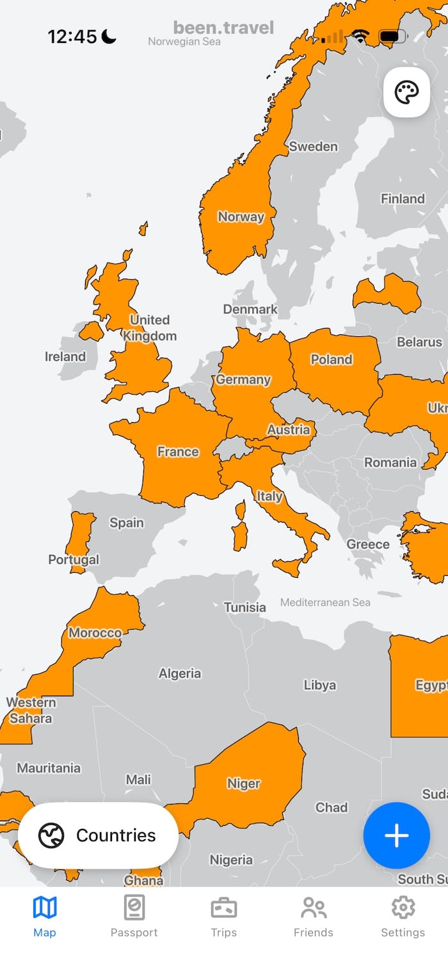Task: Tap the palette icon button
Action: coord(406,94)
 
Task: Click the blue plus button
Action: coord(396,835)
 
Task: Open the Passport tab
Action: coord(134,917)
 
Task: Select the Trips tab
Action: coord(224,917)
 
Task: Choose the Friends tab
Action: coord(314,917)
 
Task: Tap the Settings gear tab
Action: coord(403,917)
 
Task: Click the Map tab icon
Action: coord(45,908)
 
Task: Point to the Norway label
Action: coord(241,217)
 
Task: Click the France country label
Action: coord(178,452)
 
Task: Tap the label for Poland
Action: coord(332,359)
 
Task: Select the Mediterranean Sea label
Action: coord(325,602)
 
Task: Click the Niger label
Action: coord(244,783)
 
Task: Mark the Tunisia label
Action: coord(244,607)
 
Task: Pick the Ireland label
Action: coord(65,356)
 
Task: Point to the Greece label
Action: coord(368,545)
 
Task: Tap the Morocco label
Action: coord(95,633)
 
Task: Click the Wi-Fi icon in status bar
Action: coord(361,37)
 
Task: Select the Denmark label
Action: coord(250,309)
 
